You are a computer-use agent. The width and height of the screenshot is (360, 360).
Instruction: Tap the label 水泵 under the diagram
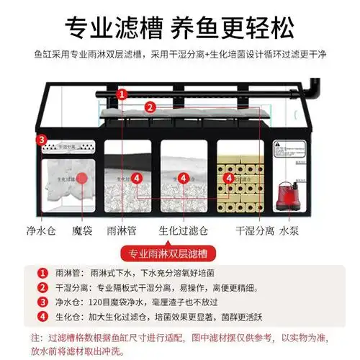(x=289, y=232)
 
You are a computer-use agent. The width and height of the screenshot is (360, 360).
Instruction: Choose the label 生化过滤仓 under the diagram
(x=185, y=232)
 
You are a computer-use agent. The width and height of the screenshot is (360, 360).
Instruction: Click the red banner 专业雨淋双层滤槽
(x=179, y=253)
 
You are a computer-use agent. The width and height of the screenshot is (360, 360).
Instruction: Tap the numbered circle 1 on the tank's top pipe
(x=122, y=94)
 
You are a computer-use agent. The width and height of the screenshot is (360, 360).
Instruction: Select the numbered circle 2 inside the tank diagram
(x=149, y=108)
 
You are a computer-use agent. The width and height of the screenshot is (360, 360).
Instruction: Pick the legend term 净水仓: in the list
(x=71, y=302)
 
